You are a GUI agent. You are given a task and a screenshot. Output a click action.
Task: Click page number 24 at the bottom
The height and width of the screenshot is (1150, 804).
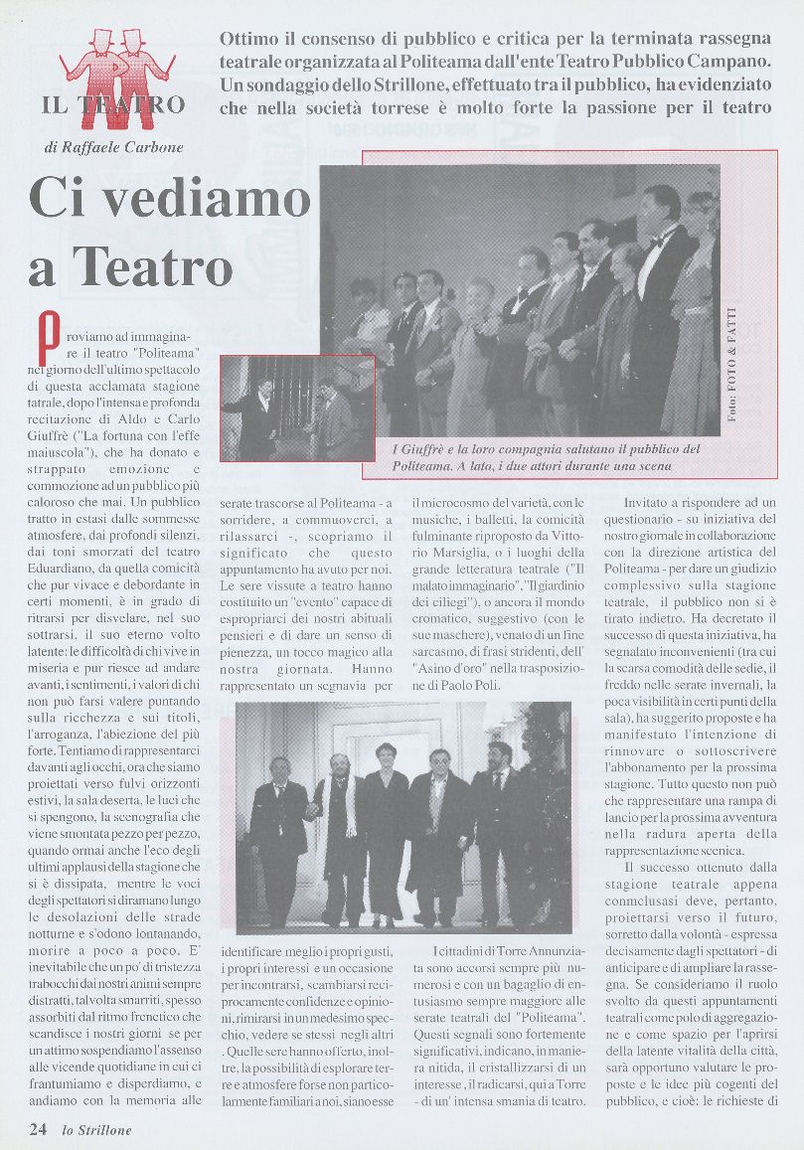click(x=38, y=1129)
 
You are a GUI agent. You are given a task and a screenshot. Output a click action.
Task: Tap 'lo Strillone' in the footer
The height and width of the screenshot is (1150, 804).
click(x=96, y=1130)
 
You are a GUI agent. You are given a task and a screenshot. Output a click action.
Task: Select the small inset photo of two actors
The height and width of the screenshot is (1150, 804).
click(x=297, y=408)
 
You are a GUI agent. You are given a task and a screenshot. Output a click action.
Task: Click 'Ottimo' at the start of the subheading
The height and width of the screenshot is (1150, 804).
click(x=252, y=40)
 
